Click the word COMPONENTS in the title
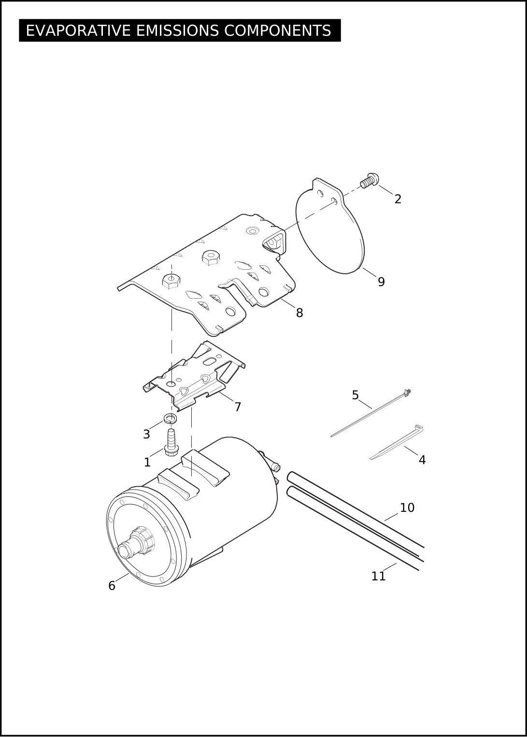[278, 30]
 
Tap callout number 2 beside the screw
[398, 199]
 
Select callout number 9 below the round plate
[381, 282]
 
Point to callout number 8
[299, 313]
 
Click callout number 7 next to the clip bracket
[238, 407]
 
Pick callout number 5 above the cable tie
[355, 395]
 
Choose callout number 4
[422, 460]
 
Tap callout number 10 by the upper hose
[407, 507]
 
